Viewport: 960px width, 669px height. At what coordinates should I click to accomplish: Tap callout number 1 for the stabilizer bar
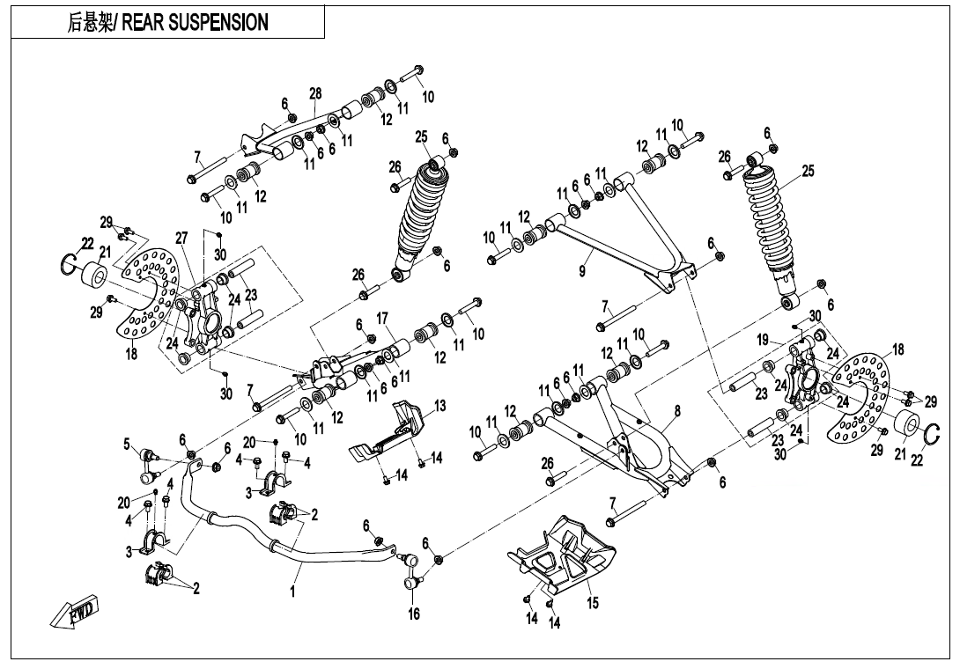coord(292,592)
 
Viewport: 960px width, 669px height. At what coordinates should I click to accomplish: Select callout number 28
coord(315,94)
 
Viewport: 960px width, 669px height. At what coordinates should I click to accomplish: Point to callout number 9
coord(582,272)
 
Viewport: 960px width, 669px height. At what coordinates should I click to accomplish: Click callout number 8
coord(677,411)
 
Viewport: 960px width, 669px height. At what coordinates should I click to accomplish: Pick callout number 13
coord(439,406)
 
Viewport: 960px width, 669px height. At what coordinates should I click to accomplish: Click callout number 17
coord(382,317)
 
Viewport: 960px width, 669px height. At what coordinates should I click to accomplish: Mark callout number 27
coord(181,238)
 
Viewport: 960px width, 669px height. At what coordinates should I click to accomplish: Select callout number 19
coord(763,339)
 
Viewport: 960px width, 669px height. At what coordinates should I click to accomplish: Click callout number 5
coord(127,444)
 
